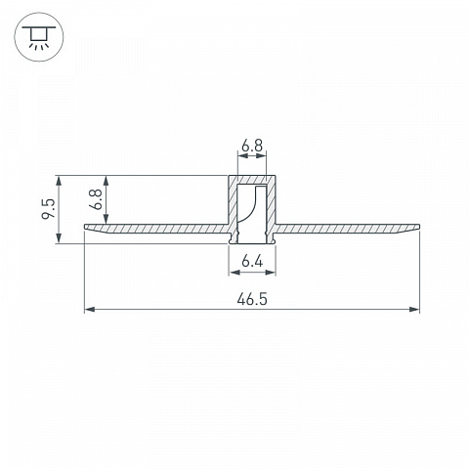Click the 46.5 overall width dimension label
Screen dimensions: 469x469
pos(252,299)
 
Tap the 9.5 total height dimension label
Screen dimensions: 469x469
pos(49,209)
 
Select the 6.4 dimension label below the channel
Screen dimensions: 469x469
pos(252,261)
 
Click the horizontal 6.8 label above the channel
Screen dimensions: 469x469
pos(252,146)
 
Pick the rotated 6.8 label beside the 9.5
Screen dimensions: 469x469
pos(96,199)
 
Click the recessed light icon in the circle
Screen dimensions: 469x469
pos(39,37)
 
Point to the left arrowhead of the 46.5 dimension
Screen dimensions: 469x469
pos(90,309)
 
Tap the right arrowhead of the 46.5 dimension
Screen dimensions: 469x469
pos(414,309)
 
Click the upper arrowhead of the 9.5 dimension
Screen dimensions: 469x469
pos(59,181)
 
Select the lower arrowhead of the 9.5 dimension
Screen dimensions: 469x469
pos(59,238)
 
